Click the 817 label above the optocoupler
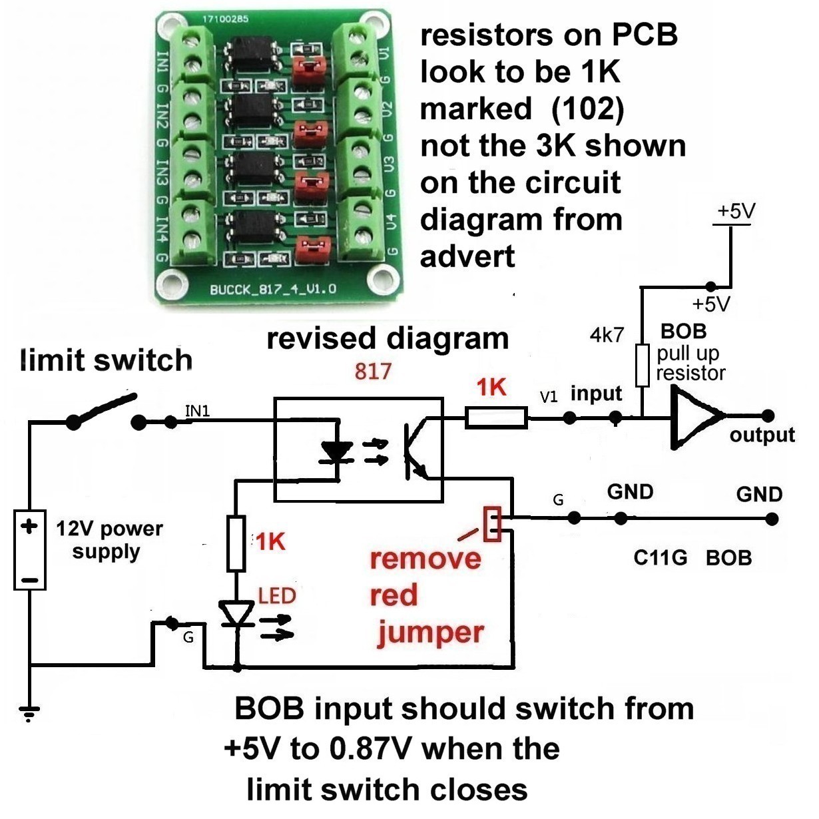(x=373, y=371)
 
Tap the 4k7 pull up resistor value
(x=607, y=335)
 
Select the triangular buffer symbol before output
(x=696, y=417)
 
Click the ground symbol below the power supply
(x=29, y=713)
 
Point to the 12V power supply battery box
(x=30, y=550)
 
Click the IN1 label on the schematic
(x=197, y=411)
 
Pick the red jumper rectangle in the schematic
(x=493, y=523)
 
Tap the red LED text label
(x=277, y=595)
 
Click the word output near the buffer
(x=762, y=435)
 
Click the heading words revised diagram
(x=388, y=338)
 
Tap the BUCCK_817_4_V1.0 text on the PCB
(x=273, y=290)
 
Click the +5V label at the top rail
(x=735, y=211)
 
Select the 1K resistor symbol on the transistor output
(x=497, y=418)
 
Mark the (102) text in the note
(x=588, y=108)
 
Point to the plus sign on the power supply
(x=29, y=527)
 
